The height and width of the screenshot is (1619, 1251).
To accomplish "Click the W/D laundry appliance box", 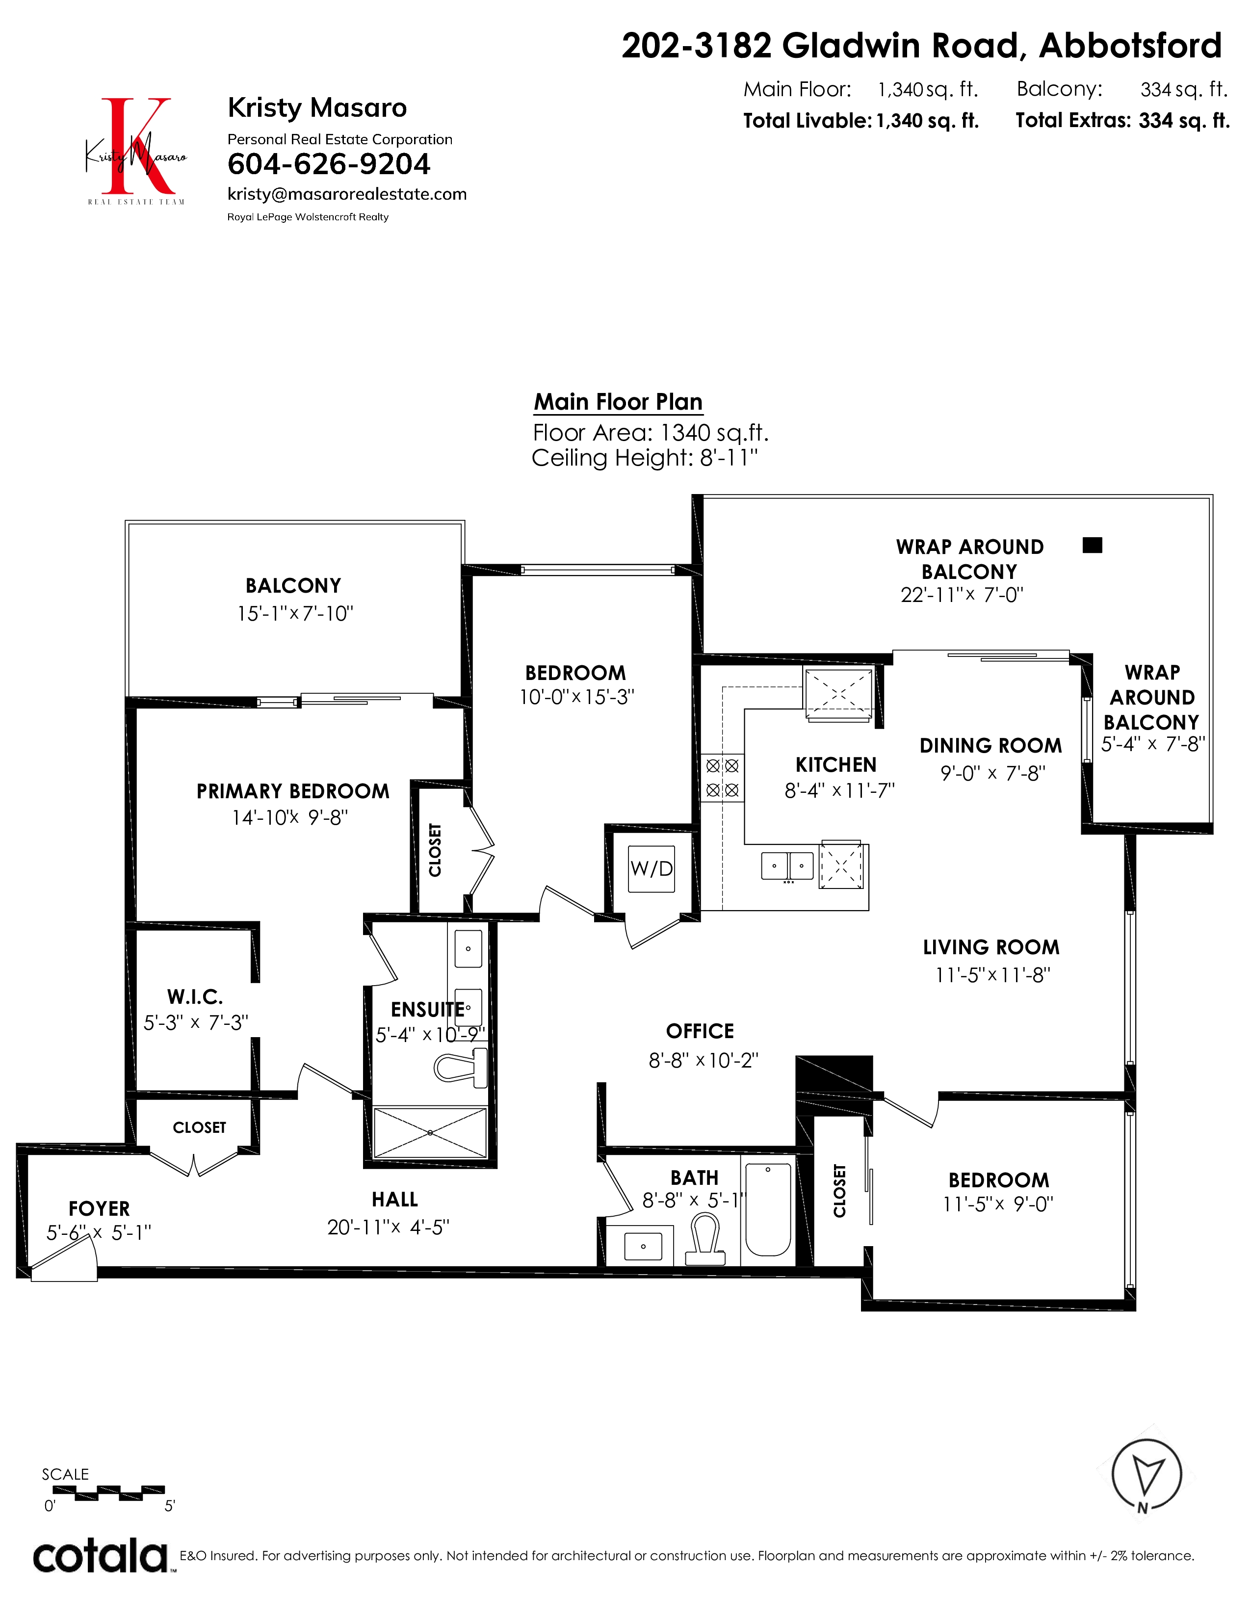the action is point(652,869).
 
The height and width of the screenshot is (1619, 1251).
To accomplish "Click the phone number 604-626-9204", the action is point(328,164).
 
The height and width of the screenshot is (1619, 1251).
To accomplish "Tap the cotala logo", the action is point(101,1555).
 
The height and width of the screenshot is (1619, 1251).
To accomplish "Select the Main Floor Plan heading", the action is point(618,402).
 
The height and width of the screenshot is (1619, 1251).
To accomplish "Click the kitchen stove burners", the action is point(722,778).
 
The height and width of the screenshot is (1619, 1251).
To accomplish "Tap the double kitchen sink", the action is point(787,866).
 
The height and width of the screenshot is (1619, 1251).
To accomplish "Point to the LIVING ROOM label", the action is point(991,947).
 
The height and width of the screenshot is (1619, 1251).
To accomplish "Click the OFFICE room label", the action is point(700,1031).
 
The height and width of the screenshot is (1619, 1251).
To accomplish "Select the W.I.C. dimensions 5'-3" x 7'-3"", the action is point(196,1023).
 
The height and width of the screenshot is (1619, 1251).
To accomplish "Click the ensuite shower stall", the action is point(430,1133).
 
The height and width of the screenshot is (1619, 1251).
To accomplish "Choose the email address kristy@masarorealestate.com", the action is point(347,194).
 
